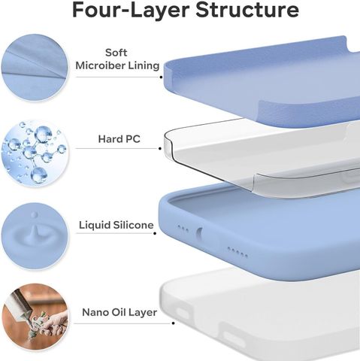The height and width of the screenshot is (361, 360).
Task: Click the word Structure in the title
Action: click(247, 10)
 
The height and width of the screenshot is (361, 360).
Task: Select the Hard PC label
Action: click(119, 139)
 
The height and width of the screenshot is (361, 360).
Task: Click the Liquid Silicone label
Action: click(116, 225)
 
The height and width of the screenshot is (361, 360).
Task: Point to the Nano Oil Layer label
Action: click(119, 312)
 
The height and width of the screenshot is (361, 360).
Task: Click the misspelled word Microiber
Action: click(101, 65)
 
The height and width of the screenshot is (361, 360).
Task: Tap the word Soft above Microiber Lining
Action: click(116, 53)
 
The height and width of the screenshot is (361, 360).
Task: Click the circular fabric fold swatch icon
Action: click(35, 68)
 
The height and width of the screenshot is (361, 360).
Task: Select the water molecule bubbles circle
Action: click(35, 153)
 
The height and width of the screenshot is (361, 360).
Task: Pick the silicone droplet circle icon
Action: click(35, 236)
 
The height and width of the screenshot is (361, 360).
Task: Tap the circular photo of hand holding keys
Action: click(35, 317)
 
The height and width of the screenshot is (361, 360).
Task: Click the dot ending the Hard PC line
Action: click(160, 148)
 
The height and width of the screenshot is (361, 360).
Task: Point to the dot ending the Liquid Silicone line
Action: click(155, 233)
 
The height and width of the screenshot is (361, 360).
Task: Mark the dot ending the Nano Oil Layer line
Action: click(173, 323)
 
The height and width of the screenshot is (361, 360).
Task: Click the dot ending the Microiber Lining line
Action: click(161, 77)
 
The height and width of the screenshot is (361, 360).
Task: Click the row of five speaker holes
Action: click(237, 252)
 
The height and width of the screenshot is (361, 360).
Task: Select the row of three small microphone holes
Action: click(183, 229)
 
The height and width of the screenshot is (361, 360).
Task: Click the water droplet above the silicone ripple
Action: click(35, 215)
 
